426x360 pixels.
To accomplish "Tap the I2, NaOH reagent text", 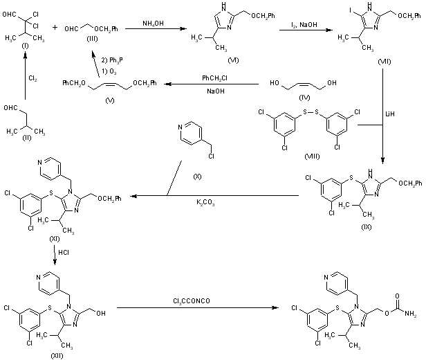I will pyautogui.click(x=306, y=25).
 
